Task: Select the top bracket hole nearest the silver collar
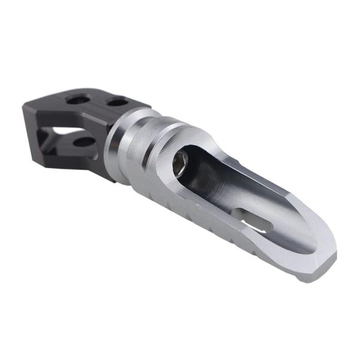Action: [x=115, y=103]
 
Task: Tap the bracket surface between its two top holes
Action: [x=96, y=100]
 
